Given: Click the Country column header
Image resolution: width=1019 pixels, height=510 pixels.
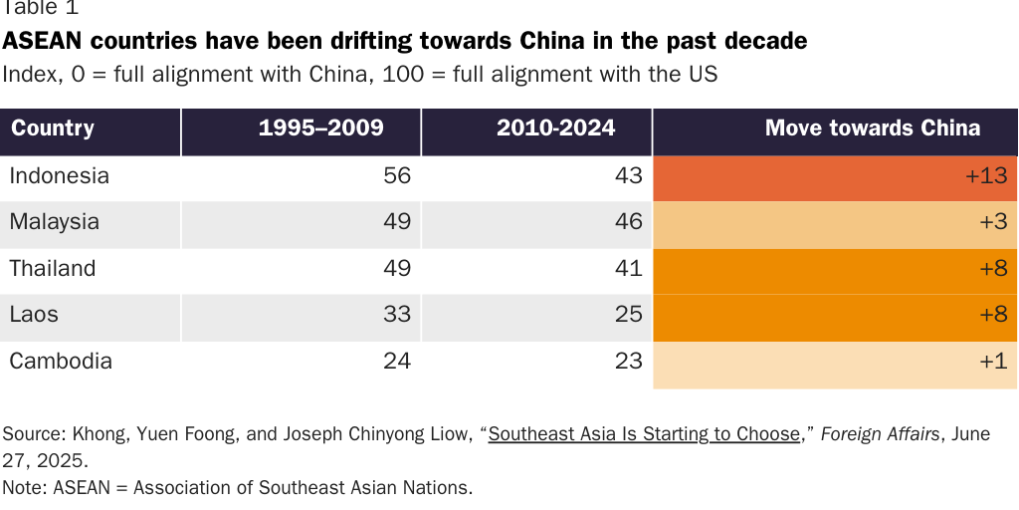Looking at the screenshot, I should pos(53,128).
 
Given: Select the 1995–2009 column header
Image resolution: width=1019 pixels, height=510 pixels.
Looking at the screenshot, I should pos(320,128).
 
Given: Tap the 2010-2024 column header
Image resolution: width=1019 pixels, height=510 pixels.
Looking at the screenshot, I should pos(556,128).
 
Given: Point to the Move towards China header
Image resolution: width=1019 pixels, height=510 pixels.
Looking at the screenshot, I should pos(872,128).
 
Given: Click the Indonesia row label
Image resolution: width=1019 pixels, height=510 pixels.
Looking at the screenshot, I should pos(59,176).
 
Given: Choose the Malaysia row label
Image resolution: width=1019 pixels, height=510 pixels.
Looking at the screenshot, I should pos(54,222).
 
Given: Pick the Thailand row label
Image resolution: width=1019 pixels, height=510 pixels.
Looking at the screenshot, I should pos(53,269).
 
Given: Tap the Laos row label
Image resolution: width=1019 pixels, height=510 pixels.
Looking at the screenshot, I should pos(34,315).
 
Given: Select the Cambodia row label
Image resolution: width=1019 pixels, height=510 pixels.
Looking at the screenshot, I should pos(61,362).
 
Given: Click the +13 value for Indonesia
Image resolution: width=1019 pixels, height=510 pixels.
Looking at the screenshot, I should pos(986,176).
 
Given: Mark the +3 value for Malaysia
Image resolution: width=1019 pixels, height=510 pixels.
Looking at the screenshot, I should pos(993,222).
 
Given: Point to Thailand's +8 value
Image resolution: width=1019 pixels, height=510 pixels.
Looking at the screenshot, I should pos(993,269).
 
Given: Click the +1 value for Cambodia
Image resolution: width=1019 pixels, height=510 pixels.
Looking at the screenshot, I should pos(993,362).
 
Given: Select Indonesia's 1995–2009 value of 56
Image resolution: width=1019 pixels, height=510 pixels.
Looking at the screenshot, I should pos(397,176).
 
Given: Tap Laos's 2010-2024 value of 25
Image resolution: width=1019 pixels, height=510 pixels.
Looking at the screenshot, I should pos(629,315).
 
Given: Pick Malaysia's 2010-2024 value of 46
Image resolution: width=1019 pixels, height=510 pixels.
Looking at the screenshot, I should pos(629,222).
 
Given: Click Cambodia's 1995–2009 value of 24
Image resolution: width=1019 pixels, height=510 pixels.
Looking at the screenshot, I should pos(397,362).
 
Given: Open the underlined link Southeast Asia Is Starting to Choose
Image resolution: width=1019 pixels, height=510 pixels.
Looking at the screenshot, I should pos(644,434).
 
